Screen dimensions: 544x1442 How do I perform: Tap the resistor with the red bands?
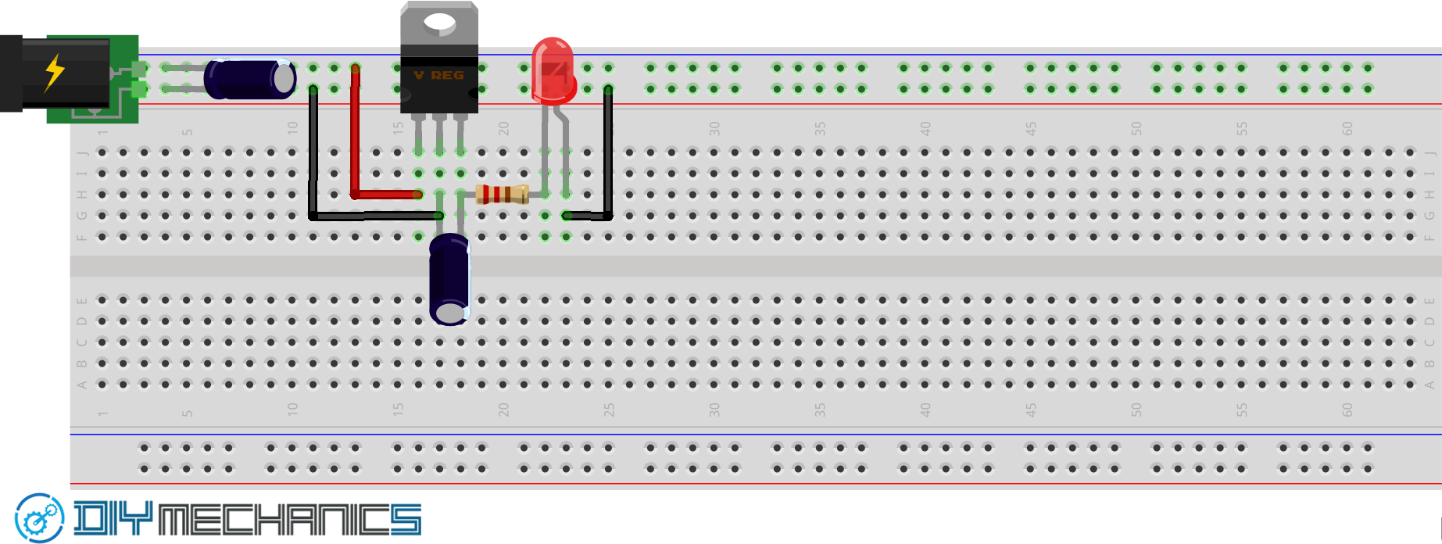click(502, 194)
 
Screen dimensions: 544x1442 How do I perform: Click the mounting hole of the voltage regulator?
click(440, 23)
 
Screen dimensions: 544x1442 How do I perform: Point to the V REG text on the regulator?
click(439, 75)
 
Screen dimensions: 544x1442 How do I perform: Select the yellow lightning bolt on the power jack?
click(54, 72)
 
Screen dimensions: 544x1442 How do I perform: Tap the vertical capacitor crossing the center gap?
click(450, 279)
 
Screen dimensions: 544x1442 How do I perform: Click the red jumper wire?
click(356, 133)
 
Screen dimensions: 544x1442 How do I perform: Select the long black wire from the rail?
click(313, 156)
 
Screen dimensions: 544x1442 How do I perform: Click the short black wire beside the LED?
click(608, 156)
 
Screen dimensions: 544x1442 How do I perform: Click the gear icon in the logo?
click(39, 518)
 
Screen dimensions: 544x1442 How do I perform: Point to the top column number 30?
click(714, 129)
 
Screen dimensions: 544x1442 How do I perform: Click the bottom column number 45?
click(1031, 410)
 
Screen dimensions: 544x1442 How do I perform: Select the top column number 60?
click(1347, 129)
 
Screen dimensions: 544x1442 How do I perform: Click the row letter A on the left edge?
click(81, 385)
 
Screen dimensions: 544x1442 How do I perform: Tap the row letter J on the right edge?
click(1429, 152)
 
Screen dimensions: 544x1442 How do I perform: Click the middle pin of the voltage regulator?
click(439, 129)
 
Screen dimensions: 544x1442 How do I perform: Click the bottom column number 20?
click(503, 410)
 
